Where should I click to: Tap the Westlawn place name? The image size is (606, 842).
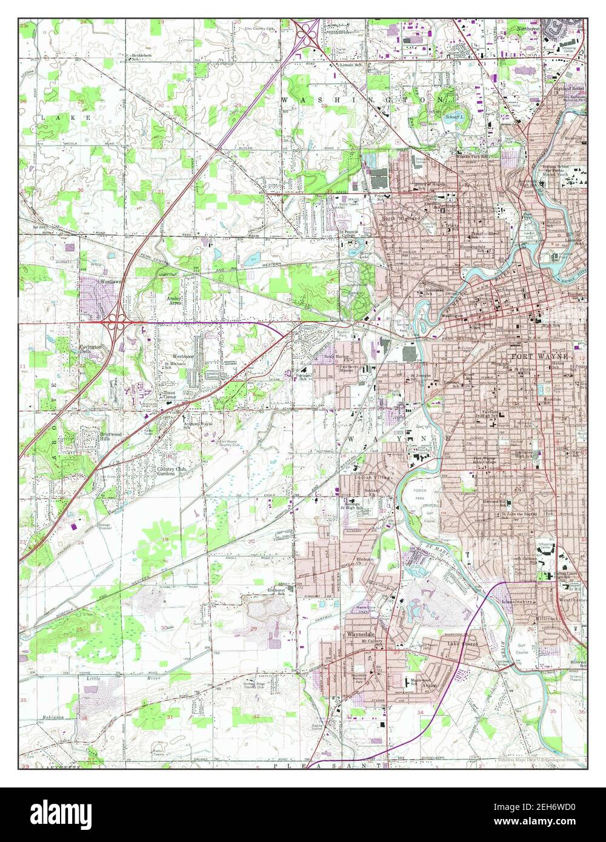click(x=111, y=282)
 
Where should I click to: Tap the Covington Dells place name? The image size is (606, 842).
click(x=90, y=350)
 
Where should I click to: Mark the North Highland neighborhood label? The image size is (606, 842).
click(x=405, y=218)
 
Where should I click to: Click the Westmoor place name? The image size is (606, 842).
click(x=182, y=357)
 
